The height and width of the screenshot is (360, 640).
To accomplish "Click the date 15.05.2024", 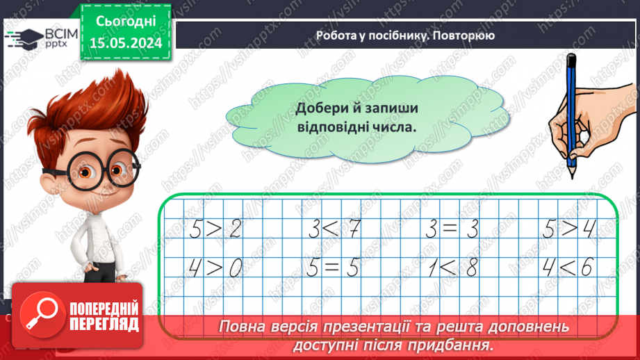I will click(x=127, y=42).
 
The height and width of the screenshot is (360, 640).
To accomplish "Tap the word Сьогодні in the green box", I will click(x=127, y=23).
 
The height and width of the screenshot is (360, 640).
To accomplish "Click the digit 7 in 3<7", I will click(x=354, y=229).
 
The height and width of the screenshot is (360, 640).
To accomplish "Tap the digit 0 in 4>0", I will click(x=235, y=268).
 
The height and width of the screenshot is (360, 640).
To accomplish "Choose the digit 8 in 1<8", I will click(x=473, y=268).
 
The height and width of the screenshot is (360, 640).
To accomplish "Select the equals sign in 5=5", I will click(x=331, y=268).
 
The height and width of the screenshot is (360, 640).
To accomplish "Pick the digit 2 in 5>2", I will click(x=235, y=229).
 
